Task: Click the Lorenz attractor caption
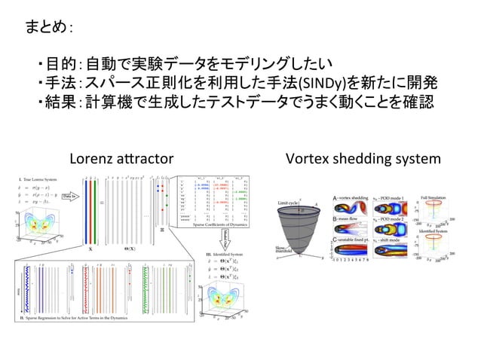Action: click(121, 160)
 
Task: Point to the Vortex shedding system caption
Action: click(363, 160)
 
